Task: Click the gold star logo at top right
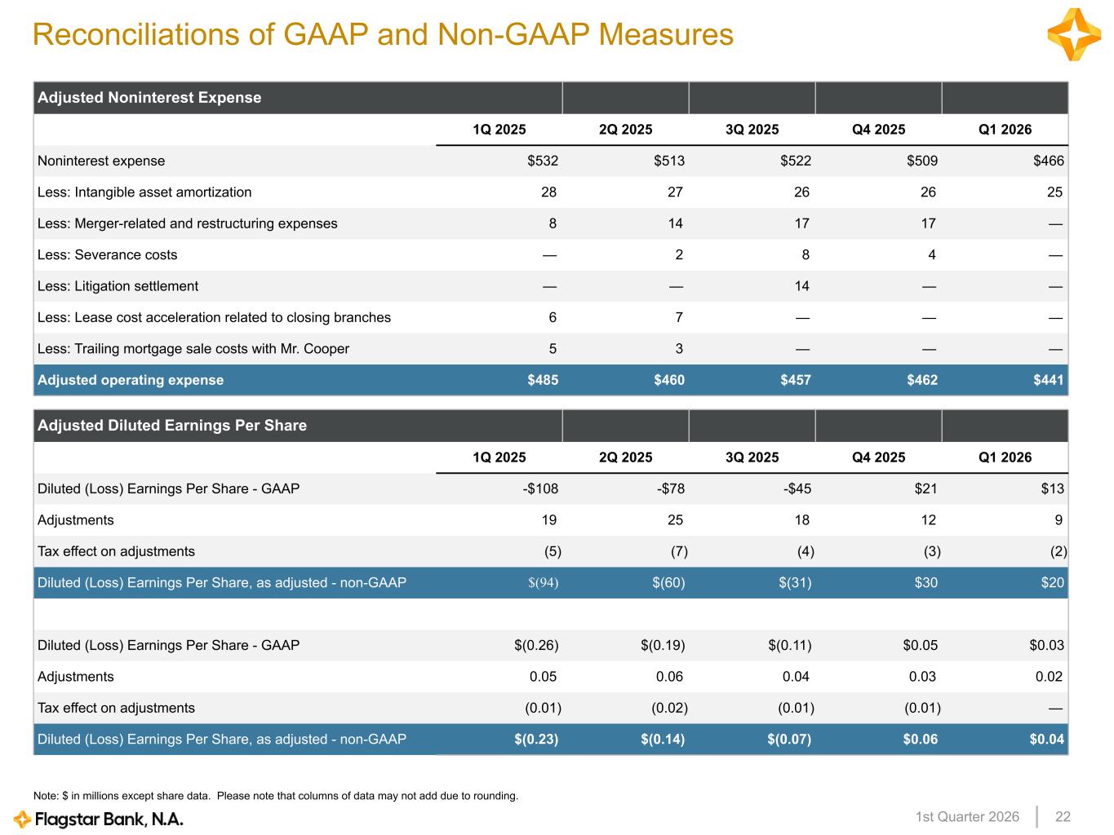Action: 1074,35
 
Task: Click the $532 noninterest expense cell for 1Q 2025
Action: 543,161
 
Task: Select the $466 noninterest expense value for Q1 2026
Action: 1049,161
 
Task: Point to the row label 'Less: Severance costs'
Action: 107,254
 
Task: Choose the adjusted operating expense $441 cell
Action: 1049,380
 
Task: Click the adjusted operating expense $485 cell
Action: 543,380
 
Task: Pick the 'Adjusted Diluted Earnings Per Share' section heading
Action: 172,426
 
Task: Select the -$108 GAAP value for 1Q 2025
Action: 540,489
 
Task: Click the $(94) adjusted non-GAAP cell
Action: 544,583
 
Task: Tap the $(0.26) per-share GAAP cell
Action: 536,645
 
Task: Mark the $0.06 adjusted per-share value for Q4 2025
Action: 920,740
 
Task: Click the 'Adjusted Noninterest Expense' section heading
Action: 149,98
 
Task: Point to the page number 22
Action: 1063,817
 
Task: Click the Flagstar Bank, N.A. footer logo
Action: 99,819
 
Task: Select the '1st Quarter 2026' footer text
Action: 967,817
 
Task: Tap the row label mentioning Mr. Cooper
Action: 193,349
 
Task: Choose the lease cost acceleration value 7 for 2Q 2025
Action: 679,317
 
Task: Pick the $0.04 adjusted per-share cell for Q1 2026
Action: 1046,740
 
